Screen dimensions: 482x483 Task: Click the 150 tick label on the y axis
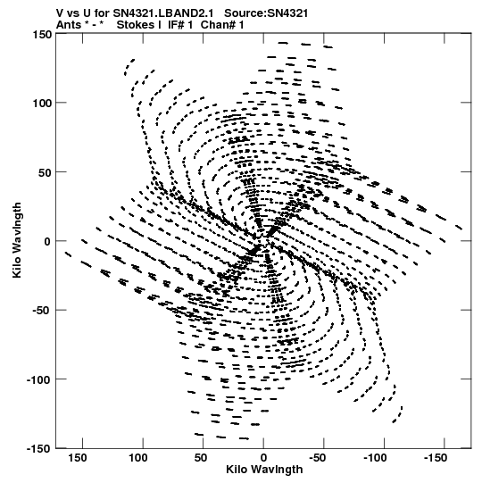coord(42,35)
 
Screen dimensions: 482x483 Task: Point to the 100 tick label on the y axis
coord(42,103)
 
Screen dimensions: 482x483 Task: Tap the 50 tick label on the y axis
coord(46,172)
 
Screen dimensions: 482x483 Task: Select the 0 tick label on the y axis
coord(47,241)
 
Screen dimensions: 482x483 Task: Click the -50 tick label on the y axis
coord(42,310)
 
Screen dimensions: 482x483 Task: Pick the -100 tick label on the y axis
coord(39,379)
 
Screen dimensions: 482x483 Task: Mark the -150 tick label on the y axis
coord(39,448)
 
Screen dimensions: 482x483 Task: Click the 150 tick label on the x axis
coord(78,458)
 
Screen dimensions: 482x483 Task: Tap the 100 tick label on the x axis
coord(138,458)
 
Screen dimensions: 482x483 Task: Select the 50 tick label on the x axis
coord(201,458)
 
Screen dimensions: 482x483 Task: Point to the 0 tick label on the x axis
coord(263,458)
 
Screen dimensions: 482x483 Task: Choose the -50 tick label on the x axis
coord(317,458)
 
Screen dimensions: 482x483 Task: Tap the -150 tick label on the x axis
coord(436,458)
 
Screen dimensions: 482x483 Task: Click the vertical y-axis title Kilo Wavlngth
coord(17,240)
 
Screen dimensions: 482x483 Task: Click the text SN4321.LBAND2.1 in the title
coord(163,13)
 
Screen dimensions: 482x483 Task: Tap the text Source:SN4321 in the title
coord(266,13)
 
